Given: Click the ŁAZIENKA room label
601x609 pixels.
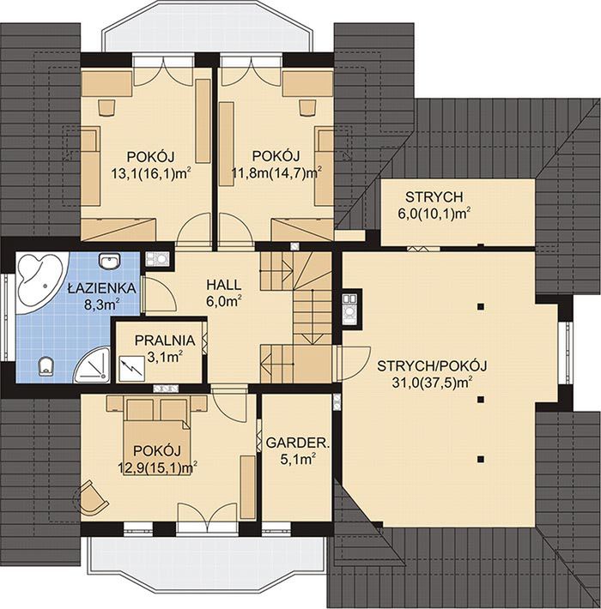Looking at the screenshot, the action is pos(101,288).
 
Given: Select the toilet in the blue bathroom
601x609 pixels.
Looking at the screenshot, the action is pos(46,366).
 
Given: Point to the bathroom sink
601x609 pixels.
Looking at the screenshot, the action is pos(110,261).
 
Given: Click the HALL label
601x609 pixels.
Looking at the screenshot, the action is pos(223,285).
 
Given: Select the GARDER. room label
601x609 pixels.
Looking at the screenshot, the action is pos(298,443).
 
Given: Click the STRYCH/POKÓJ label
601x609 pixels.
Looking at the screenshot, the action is pos(432,366).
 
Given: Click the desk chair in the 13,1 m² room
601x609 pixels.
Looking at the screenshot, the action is pos(106,107).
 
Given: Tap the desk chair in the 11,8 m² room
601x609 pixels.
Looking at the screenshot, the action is pos(307,107).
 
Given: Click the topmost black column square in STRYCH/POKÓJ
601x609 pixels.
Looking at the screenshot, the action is pos(482,306).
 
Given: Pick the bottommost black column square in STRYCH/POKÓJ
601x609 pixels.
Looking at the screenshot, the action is pos(482,460).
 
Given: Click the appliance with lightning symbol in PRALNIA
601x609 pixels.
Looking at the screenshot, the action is pos(131,369).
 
